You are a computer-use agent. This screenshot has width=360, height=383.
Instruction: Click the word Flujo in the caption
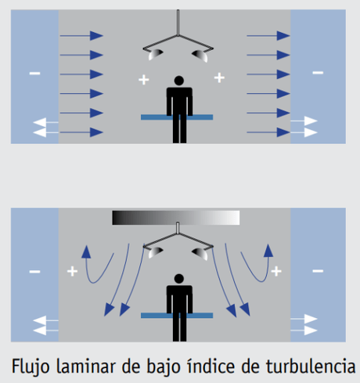(x=31, y=366)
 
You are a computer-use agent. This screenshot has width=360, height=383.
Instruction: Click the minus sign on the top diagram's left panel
(x=34, y=73)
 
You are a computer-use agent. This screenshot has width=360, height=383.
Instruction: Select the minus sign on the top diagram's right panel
(x=317, y=73)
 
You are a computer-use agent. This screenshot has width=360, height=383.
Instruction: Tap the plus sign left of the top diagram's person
(x=143, y=79)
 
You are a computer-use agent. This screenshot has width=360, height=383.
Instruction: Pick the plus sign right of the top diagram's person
(x=219, y=78)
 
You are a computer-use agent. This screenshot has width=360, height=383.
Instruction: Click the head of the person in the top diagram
(x=179, y=80)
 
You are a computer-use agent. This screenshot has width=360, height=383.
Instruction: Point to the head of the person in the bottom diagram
(x=179, y=278)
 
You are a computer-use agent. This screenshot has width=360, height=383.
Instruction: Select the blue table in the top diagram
(x=177, y=117)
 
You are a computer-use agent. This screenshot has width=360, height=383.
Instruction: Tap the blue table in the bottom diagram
(x=177, y=315)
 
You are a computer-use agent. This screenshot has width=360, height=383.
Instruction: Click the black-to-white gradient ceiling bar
(x=176, y=218)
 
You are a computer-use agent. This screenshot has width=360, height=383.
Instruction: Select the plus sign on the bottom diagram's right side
(x=276, y=272)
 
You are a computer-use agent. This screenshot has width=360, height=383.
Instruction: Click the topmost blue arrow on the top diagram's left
(x=81, y=36)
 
